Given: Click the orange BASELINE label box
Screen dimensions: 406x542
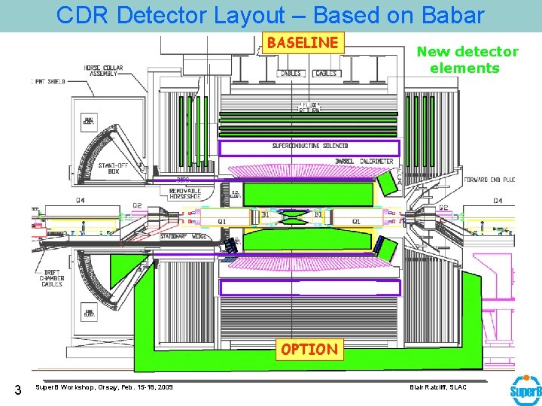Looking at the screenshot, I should click(303, 43).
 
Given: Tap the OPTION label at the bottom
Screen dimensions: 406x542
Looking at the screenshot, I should click(309, 350).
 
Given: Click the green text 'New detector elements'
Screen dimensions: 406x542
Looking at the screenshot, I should click(467, 59).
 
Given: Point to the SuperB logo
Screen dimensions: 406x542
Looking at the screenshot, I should click(525, 391).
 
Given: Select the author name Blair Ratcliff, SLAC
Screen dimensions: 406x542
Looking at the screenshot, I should click(437, 387).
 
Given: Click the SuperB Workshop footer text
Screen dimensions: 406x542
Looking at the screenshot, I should click(104, 387).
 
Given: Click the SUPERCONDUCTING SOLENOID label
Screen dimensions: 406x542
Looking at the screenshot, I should click(310, 146).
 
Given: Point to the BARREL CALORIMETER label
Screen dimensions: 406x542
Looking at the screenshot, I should click(365, 161).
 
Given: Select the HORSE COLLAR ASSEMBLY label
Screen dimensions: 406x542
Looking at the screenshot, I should click(103, 71).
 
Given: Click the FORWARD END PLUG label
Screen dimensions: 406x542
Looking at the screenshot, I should click(489, 180).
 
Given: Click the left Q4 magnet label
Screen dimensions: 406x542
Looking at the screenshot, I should click(80, 200).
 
